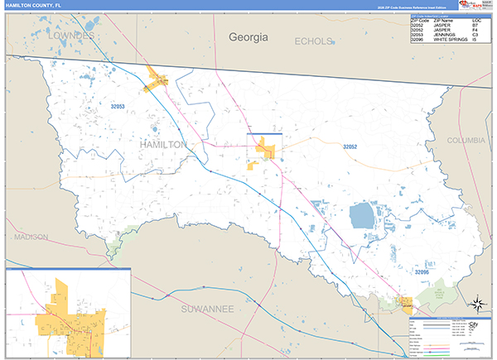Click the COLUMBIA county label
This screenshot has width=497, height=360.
pyautogui.click(x=466, y=141)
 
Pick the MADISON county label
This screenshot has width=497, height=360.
pyautogui.click(x=31, y=237)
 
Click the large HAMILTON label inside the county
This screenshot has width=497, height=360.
pyautogui.click(x=163, y=144)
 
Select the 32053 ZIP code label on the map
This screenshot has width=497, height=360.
pyautogui.click(x=117, y=106)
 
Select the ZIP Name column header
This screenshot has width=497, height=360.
pyautogui.click(x=444, y=20)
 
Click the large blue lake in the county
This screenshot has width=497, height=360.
pyautogui.click(x=362, y=217)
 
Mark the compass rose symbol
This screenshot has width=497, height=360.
pyautogui.click(x=477, y=303)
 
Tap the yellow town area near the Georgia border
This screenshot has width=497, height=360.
pyautogui.click(x=157, y=80)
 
